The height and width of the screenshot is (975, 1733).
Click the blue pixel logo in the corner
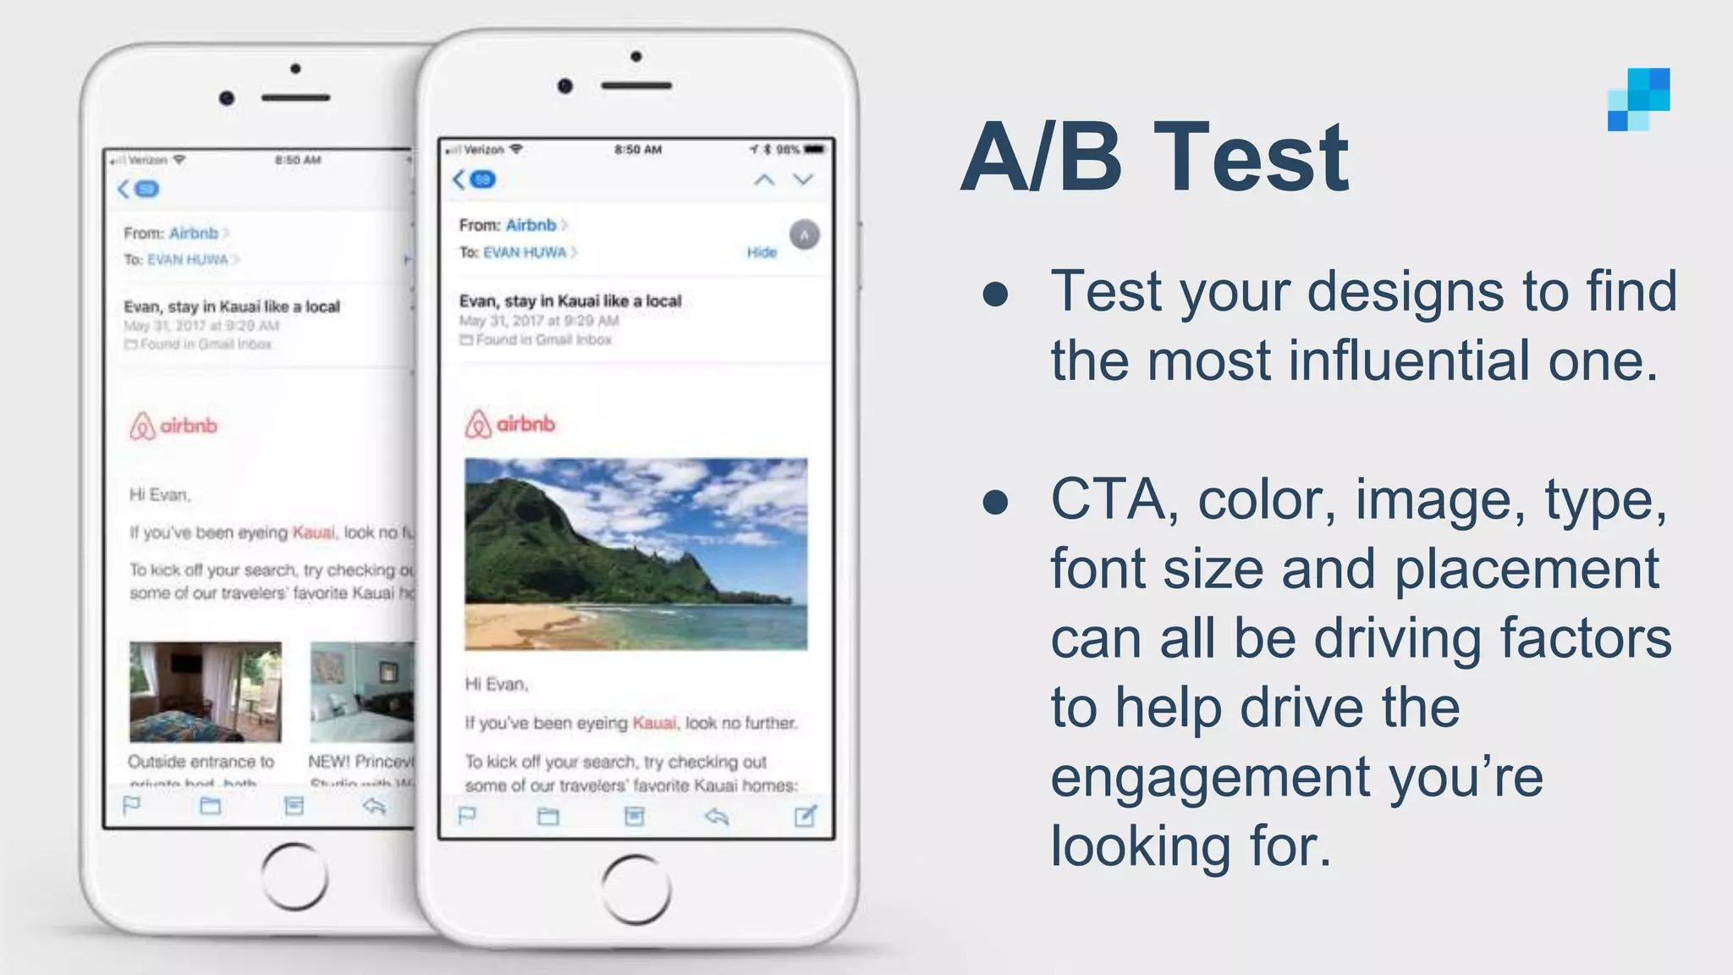click(x=1639, y=100)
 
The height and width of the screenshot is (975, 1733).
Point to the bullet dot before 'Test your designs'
click(x=996, y=294)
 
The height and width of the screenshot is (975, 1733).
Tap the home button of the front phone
click(x=636, y=889)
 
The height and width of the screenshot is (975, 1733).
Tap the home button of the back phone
click(x=294, y=876)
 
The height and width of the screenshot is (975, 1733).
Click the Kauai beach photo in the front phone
click(x=635, y=554)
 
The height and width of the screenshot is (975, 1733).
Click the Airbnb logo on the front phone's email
click(x=509, y=423)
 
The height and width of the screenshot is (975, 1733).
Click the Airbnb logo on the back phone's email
click(x=173, y=426)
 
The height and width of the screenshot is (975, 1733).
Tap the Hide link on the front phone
click(x=762, y=252)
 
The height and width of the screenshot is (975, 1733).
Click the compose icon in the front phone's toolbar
click(x=805, y=816)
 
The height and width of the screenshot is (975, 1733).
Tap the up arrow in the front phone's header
click(x=764, y=179)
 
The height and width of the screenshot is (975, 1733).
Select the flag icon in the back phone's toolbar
click(x=131, y=806)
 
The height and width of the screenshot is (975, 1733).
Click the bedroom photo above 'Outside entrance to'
click(x=205, y=691)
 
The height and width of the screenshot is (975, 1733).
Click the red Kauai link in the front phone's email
click(x=654, y=723)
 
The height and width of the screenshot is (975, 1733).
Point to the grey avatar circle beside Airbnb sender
click(x=804, y=234)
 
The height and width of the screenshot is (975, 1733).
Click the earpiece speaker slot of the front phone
click(x=636, y=85)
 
